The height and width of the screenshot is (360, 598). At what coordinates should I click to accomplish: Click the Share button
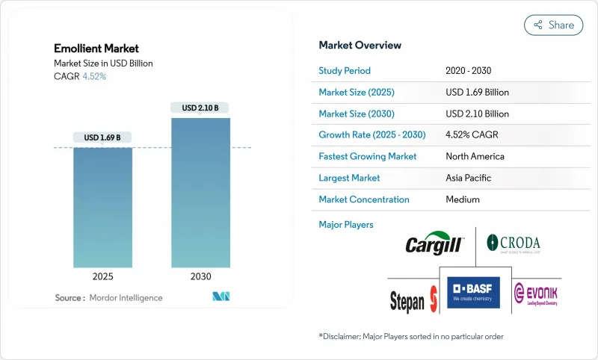pos(553,25)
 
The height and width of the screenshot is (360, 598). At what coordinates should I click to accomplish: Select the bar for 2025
pos(102,208)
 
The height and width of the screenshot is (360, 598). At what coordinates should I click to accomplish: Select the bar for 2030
pos(200,193)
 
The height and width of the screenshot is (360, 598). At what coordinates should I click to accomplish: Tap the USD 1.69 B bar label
pos(102,137)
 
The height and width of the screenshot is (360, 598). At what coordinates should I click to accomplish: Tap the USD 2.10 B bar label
pos(200,108)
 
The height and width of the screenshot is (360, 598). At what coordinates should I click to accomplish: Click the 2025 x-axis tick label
pos(102,276)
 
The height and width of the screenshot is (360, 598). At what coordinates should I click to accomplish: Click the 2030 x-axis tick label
pos(200,276)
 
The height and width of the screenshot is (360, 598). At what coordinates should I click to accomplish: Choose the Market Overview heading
pos(360,46)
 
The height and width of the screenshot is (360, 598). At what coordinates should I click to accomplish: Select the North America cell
pos(475,157)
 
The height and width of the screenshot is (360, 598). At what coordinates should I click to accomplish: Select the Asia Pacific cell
pos(469,178)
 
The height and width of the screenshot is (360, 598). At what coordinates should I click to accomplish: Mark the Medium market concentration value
pos(462,199)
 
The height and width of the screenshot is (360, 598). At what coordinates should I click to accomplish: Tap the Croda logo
pos(514,243)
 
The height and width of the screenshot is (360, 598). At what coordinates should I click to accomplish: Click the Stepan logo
pos(413,300)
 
